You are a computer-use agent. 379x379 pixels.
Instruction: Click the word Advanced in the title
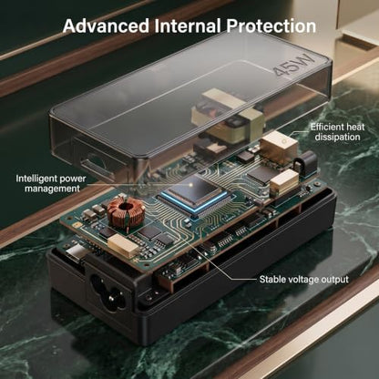tap(106, 26)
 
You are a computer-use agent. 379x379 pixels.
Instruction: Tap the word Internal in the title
tap(188, 26)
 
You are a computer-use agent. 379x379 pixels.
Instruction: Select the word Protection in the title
tap(271, 26)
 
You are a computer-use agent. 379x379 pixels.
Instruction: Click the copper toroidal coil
tap(126, 211)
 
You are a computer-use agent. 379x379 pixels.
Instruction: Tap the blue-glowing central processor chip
tap(194, 193)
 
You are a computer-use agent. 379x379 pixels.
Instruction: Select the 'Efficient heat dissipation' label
tap(337, 132)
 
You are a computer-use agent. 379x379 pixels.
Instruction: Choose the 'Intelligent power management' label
tap(51, 183)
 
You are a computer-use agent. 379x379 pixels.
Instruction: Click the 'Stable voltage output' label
tap(303, 280)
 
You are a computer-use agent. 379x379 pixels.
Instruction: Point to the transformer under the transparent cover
tap(227, 115)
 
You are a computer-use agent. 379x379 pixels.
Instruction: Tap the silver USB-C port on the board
tap(75, 253)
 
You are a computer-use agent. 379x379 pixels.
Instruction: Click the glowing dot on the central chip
tap(190, 184)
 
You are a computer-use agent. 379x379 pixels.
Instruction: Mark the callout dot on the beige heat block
tap(284, 141)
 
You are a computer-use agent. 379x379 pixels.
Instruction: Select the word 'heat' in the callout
tap(353, 127)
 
